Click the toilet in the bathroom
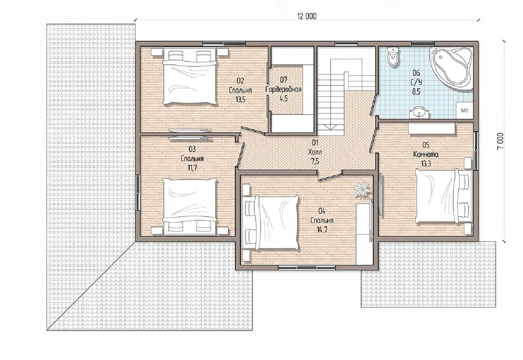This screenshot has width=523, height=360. [393, 56]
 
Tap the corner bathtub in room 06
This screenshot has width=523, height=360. [451, 68]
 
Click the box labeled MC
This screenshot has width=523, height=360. [465, 110]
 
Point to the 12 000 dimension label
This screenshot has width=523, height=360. [307, 16]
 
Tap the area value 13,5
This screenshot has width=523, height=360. [241, 100]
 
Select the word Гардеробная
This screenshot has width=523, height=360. [284, 89]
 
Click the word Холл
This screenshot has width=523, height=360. [315, 152]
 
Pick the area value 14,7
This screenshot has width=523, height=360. [322, 230]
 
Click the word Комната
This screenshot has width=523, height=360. [426, 154]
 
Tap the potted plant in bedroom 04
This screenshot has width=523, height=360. [362, 189]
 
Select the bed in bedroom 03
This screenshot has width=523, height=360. [189, 206]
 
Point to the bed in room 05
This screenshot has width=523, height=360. [444, 196]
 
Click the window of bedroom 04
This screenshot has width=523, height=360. [307, 268]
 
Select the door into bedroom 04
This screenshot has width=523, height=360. [329, 177]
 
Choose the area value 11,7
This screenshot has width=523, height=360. [192, 168]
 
